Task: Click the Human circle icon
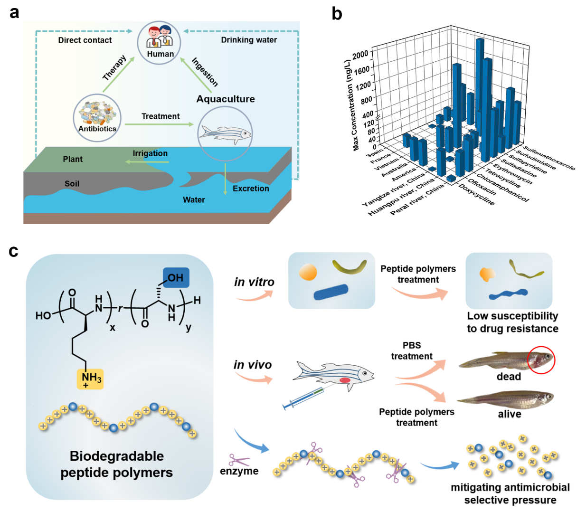(160, 42)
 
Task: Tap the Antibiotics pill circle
(97, 118)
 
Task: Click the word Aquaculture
(226, 99)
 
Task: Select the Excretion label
(251, 189)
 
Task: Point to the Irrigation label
(150, 153)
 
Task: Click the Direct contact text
(85, 40)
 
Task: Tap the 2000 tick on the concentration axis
(360, 54)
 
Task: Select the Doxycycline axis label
(476, 195)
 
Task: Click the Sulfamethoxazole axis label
(549, 158)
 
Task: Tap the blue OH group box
(176, 278)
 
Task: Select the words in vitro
(254, 282)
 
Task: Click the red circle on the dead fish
(541, 360)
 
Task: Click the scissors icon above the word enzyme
(239, 460)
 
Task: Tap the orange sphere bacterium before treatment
(308, 272)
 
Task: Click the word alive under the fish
(509, 414)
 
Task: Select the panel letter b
(337, 14)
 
